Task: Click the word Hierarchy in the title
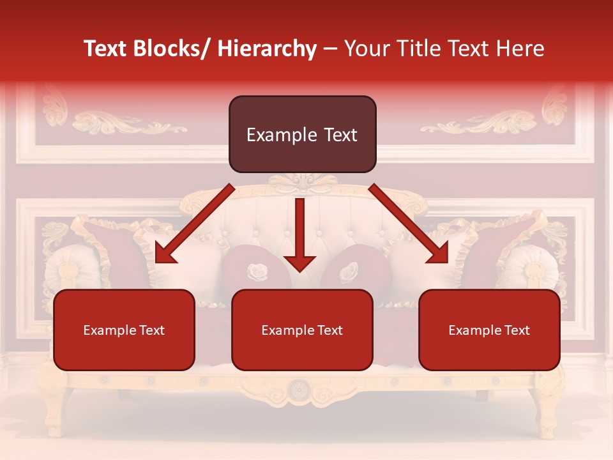pos(267,49)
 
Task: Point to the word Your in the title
pos(365,49)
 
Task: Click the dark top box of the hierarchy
pos(302,134)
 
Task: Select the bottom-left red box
pos(124,345)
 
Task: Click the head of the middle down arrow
pos(299,262)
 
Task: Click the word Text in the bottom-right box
pos(516,330)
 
